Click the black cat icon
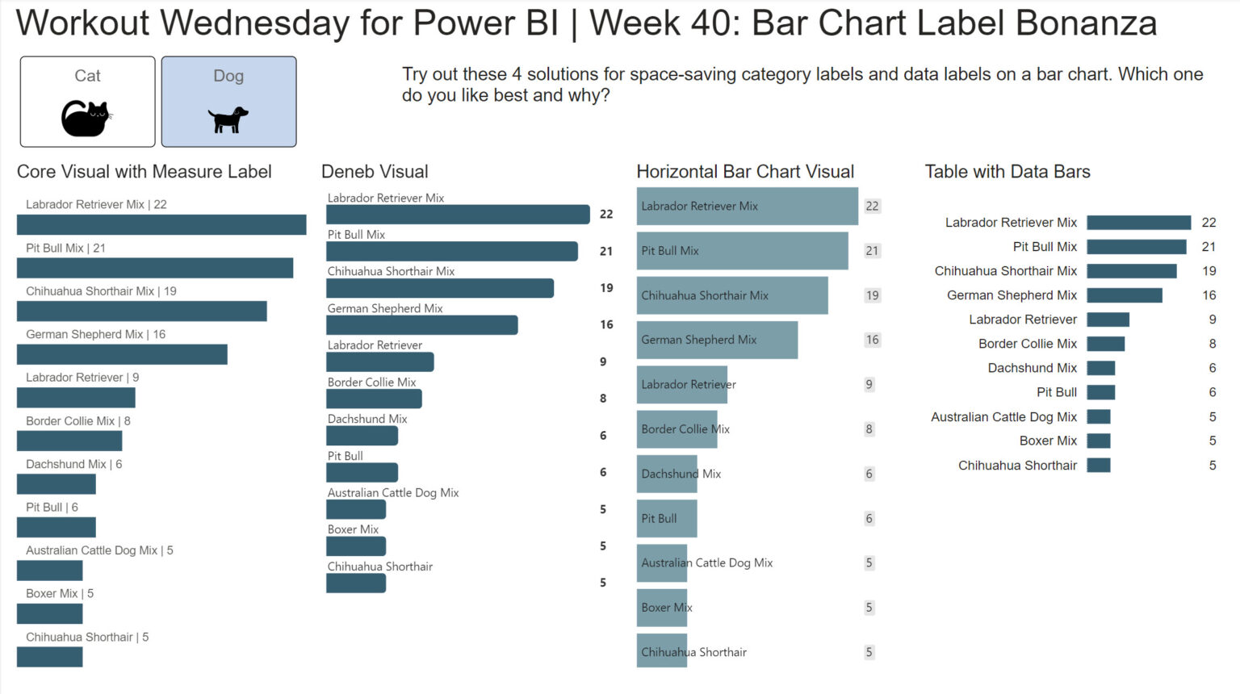86,119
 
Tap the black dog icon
228,119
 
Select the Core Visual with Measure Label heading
144,172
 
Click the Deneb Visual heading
375,172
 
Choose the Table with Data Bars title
1007,172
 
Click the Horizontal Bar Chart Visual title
744,172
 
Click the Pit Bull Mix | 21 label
65,248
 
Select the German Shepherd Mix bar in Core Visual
122,354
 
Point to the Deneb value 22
606,214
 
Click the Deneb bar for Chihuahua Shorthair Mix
439,288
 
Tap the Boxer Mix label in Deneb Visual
353,529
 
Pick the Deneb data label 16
606,324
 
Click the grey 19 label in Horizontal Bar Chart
872,295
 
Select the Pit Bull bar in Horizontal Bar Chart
666,519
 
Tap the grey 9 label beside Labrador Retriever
869,384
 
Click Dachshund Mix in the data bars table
1032,368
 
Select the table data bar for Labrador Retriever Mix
1138,223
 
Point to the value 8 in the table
1212,344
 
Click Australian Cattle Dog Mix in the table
1003,417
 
